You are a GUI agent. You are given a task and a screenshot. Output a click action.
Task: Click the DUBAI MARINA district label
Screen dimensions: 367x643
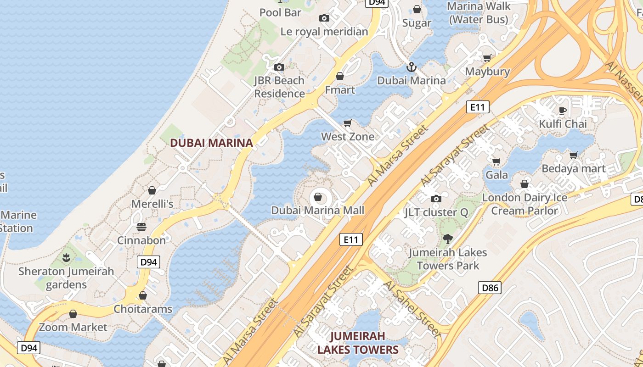pyautogui.click(x=211, y=143)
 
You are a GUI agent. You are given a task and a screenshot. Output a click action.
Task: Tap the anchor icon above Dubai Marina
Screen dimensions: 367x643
pyautogui.click(x=412, y=67)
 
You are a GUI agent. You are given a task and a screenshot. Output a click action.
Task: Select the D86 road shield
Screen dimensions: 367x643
pyautogui.click(x=489, y=288)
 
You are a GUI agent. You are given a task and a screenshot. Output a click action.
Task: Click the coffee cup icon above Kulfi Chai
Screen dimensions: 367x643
pyautogui.click(x=563, y=110)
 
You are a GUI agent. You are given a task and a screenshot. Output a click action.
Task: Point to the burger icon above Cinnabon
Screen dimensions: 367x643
pyautogui.click(x=141, y=227)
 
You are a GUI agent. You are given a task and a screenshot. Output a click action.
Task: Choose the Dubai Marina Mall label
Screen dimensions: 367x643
pyautogui.click(x=317, y=211)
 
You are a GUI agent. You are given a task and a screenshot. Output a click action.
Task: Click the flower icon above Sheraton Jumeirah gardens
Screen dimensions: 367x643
pyautogui.click(x=67, y=257)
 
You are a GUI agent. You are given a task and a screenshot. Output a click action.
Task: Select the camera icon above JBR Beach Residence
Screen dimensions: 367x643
pyautogui.click(x=279, y=67)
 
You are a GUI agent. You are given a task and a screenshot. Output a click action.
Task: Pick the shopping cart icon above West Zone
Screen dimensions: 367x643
pyautogui.click(x=348, y=123)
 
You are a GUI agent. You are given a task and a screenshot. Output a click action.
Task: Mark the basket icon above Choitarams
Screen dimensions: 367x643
pyautogui.click(x=143, y=295)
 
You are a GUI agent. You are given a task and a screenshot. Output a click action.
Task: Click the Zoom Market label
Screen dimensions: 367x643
pyautogui.click(x=73, y=327)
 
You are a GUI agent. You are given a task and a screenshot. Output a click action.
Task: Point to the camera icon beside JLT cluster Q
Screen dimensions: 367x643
pyautogui.click(x=436, y=199)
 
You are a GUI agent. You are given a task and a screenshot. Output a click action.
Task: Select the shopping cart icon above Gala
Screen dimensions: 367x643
pyautogui.click(x=496, y=161)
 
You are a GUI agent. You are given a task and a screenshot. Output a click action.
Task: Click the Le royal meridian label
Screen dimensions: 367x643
pyautogui.click(x=324, y=32)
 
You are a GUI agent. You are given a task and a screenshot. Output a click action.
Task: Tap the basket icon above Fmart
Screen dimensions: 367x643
pyautogui.click(x=340, y=76)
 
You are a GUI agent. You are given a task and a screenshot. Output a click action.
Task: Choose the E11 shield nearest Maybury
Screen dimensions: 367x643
pyautogui.click(x=478, y=107)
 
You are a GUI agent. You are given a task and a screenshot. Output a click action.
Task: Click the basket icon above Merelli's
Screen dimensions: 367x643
pyautogui.click(x=152, y=190)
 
